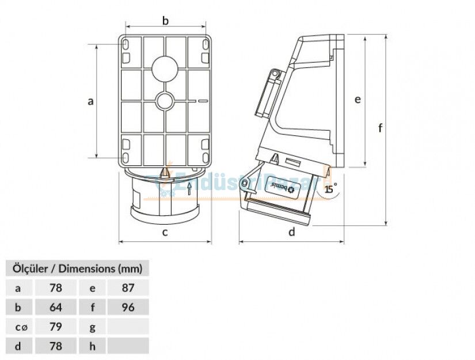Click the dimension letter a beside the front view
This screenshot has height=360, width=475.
click(90, 101)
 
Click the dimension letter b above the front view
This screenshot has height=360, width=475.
click(165, 21)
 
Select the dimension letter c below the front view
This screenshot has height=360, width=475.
click(165, 233)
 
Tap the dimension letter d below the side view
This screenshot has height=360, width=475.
click(292, 233)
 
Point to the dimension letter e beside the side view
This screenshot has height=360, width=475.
click(358, 100)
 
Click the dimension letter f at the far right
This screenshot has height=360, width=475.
click(380, 128)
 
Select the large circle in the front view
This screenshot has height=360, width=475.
click(165, 68)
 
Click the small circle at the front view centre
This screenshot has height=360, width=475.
click(165, 101)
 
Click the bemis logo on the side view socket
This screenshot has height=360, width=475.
click(283, 188)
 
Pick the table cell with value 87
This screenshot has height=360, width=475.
click(128, 287)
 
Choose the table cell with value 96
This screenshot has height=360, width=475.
click(128, 307)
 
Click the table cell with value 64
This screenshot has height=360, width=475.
click(55, 307)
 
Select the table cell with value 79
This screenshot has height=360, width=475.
click(55, 327)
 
